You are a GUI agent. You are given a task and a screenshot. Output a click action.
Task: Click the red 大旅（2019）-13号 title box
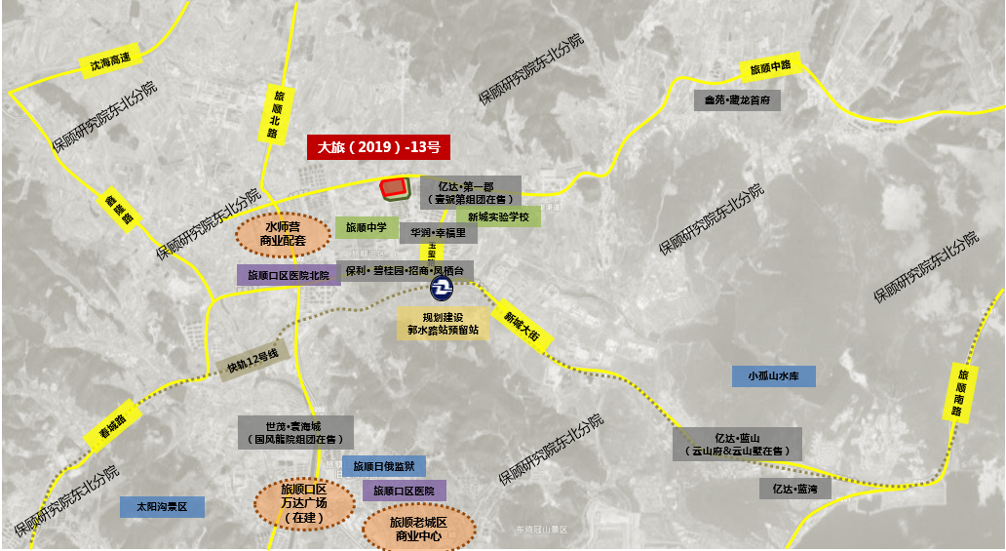click(x=378, y=147)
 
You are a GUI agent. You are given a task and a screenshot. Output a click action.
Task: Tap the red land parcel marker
click(x=394, y=187)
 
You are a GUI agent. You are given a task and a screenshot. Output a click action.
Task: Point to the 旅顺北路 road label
click(x=276, y=113)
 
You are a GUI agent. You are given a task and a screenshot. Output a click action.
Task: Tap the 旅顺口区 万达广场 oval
click(x=303, y=502)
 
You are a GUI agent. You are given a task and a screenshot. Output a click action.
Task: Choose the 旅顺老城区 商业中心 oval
click(x=418, y=530)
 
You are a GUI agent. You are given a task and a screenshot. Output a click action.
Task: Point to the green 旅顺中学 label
click(x=367, y=227)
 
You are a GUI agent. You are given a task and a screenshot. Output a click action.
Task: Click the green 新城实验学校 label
click(x=497, y=216)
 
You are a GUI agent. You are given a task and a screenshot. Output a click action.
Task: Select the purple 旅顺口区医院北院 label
click(x=289, y=275)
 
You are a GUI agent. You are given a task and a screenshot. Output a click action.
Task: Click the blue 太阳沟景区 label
click(x=162, y=507)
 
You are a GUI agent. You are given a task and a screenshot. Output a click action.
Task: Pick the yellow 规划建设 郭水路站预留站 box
click(x=444, y=324)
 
